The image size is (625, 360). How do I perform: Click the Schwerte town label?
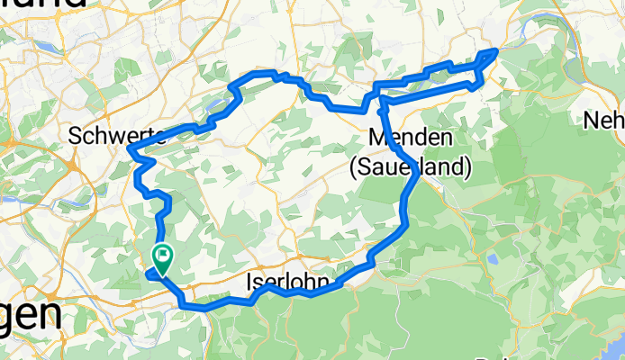[x=116, y=136]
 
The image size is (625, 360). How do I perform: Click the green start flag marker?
[x=163, y=258]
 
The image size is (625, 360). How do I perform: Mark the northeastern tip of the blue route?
[x=495, y=50]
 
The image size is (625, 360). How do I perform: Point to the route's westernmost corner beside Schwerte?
[x=130, y=148]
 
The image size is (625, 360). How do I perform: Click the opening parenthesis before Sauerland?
[x=353, y=166]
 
